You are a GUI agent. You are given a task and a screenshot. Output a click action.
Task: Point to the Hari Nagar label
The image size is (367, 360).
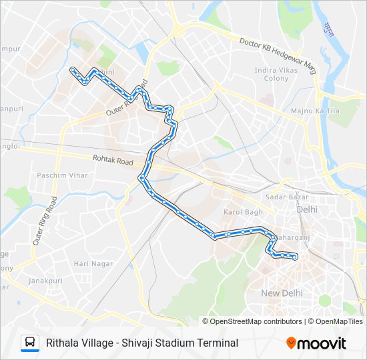[x=90, y=264]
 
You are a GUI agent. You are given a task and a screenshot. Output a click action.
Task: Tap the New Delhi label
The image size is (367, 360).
[x=282, y=293]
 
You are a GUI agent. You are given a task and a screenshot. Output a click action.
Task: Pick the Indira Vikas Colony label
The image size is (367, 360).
[x=281, y=73]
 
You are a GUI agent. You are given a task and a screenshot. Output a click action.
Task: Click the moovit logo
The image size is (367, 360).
[x=316, y=343]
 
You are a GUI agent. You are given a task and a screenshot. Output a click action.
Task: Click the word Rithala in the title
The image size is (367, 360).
[x=63, y=343]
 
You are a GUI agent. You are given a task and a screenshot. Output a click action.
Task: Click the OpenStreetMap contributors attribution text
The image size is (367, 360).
[x=256, y=321]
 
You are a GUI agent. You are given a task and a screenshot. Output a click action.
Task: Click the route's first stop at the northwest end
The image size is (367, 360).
[x=72, y=69]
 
